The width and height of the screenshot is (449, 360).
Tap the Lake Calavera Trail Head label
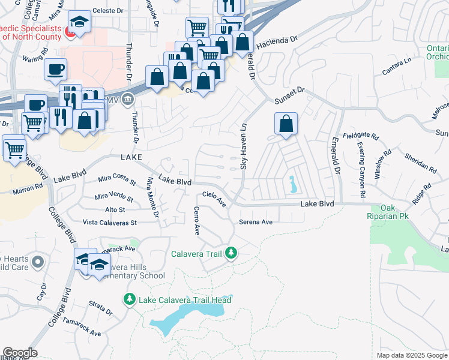tap(185, 300)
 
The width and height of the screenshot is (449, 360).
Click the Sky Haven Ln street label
tap(244, 147)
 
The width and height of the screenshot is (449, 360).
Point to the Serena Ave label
tap(256, 222)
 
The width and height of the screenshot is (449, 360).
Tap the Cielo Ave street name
tap(214, 198)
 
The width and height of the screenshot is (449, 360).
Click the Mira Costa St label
tap(117, 178)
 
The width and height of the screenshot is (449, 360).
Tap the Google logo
tap(20, 353)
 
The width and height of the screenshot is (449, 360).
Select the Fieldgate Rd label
tap(361, 136)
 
